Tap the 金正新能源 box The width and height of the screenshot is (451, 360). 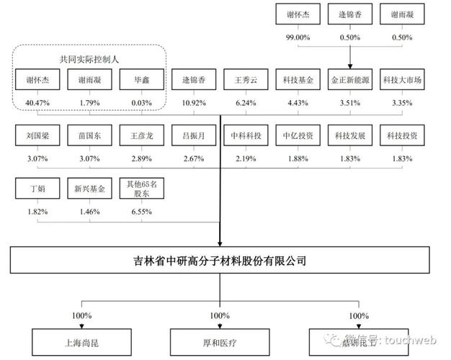tap(349, 81)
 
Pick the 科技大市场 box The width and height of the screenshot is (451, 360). tap(401, 81)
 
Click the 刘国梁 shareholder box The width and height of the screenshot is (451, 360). tap(37, 135)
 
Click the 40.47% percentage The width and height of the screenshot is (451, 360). tap(37, 102)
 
